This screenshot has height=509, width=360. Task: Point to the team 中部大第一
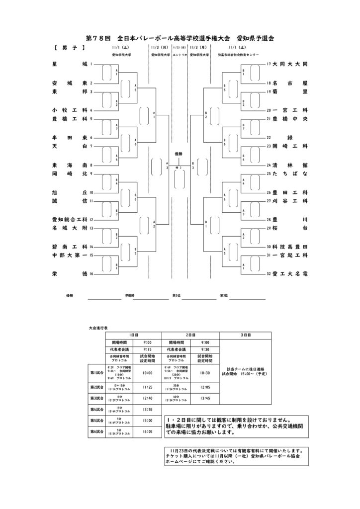pos(69,255)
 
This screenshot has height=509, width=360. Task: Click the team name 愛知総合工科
pos(69,219)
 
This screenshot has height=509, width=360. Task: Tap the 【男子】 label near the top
pos(69,48)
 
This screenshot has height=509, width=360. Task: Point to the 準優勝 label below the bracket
pos(130,296)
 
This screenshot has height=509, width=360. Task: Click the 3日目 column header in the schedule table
pos(245,336)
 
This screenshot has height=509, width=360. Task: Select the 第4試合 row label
pos(96,410)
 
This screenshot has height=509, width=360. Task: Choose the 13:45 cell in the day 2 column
pos(205,398)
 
